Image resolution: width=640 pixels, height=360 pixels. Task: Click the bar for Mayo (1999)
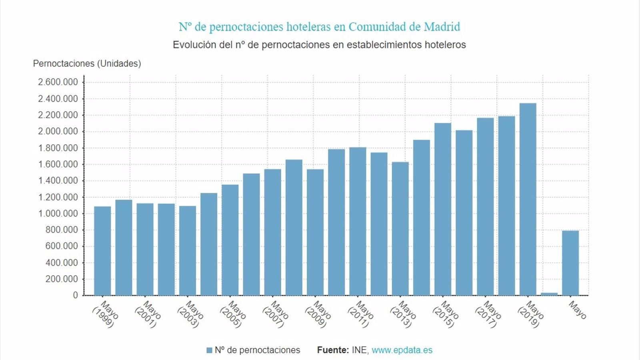click(102, 251)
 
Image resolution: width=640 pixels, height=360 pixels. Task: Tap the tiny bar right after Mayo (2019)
click(549, 294)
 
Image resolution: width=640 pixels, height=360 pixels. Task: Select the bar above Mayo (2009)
click(315, 232)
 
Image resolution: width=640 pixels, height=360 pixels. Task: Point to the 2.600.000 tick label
click(58, 82)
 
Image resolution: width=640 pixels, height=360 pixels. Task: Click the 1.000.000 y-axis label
click(58, 214)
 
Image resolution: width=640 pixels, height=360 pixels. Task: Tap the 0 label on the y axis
click(75, 295)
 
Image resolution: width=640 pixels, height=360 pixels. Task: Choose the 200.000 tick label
click(62, 279)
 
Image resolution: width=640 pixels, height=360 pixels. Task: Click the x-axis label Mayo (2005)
click(233, 314)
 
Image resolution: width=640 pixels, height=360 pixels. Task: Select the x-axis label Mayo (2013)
click(403, 314)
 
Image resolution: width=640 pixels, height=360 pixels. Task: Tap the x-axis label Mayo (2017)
click(488, 314)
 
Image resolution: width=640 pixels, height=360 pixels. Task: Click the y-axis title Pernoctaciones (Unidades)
click(87, 64)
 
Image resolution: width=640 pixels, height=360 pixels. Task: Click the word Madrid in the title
click(442, 27)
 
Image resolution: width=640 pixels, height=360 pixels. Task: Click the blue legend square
click(209, 350)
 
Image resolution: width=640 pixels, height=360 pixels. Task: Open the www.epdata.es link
click(402, 350)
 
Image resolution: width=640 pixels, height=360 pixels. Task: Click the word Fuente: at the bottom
click(333, 350)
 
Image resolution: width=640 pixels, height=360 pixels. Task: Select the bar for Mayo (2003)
click(188, 251)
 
